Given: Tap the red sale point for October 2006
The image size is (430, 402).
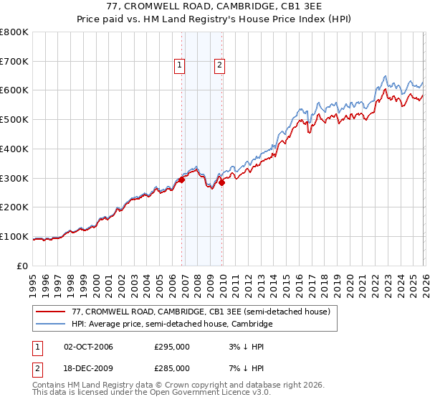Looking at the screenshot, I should [x=181, y=180].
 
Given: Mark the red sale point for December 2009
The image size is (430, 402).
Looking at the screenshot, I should [x=222, y=183].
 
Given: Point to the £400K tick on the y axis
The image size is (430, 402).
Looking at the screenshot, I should [x=14, y=149].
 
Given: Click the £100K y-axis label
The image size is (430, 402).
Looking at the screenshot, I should [x=14, y=236].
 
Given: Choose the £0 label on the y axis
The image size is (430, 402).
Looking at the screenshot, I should [x=23, y=266].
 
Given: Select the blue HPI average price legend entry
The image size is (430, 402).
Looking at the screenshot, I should [x=172, y=324].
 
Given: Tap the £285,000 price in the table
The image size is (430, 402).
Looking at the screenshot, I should [x=172, y=368].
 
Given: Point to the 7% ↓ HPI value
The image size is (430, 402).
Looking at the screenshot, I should [x=241, y=368].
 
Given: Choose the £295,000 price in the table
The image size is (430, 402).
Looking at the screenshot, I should [x=172, y=347].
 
